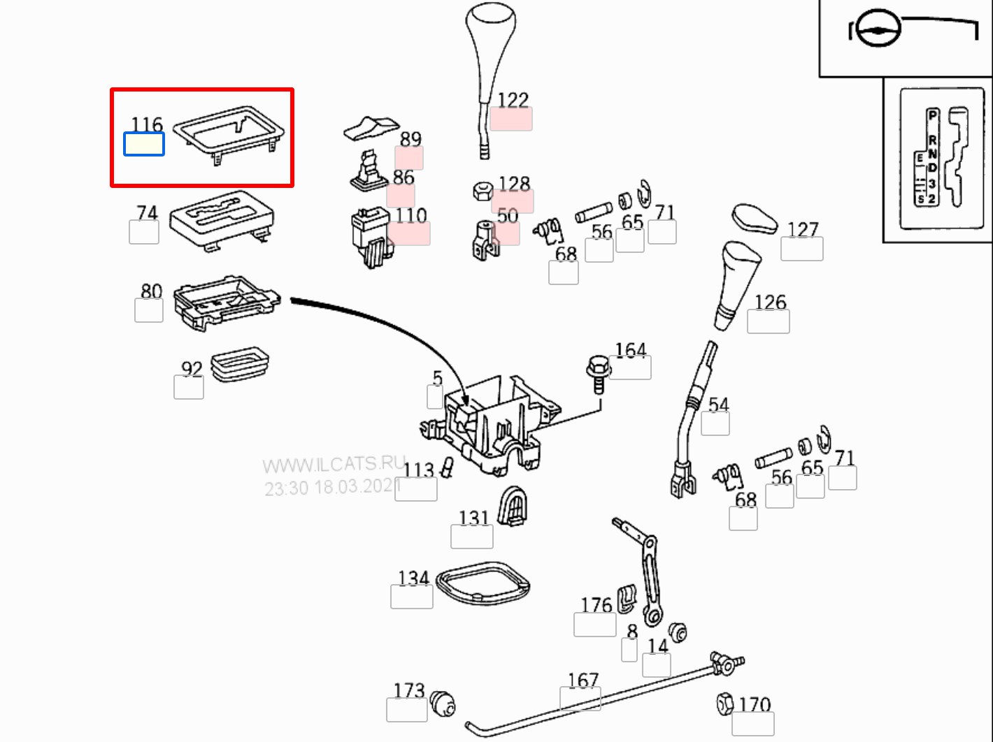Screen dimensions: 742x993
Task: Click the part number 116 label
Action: pyautogui.click(x=147, y=124)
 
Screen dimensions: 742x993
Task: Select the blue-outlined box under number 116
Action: pyautogui.click(x=144, y=145)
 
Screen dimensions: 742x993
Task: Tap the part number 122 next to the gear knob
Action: pyautogui.click(x=513, y=100)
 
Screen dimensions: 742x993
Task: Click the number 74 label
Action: pyautogui.click(x=147, y=212)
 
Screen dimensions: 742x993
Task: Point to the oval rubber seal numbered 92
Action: pyautogui.click(x=240, y=364)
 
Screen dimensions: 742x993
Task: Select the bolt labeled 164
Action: pyautogui.click(x=597, y=374)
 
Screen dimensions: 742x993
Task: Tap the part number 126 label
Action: pyautogui.click(x=770, y=302)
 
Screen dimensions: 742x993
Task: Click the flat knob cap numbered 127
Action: pyautogui.click(x=755, y=219)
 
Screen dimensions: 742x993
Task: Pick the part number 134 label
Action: pyautogui.click(x=413, y=578)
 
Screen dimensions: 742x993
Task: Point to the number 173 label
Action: pyautogui.click(x=409, y=690)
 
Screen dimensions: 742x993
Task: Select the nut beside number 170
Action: pyautogui.click(x=724, y=703)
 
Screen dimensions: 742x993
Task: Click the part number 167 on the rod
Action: pyautogui.click(x=583, y=680)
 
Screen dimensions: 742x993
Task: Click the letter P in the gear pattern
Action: pyautogui.click(x=932, y=115)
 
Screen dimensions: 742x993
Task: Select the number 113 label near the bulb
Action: pyautogui.click(x=418, y=470)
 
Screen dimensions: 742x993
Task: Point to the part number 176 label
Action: pyautogui.click(x=596, y=604)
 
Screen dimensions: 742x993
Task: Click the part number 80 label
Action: pyautogui.click(x=151, y=291)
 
